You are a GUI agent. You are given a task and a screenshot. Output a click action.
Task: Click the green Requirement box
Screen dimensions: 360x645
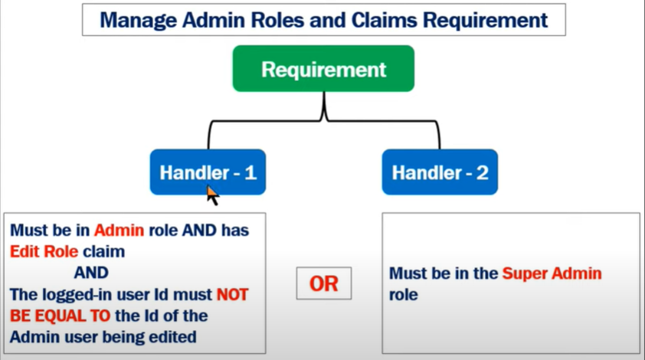323,69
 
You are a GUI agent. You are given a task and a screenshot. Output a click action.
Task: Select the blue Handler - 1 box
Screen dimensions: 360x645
208,172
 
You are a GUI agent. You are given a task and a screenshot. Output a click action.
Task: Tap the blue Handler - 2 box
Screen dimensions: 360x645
440,172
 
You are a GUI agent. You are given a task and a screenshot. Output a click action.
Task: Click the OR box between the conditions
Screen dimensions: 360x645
323,283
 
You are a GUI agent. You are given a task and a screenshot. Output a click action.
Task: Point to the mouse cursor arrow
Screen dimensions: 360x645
212,195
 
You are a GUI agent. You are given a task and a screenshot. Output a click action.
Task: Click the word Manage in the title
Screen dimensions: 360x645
135,20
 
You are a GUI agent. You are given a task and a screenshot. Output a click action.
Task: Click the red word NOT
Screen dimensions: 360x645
233,294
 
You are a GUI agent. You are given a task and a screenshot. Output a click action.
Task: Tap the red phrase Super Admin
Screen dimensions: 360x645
552,273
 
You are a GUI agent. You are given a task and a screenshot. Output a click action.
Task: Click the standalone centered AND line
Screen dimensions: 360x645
90,272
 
